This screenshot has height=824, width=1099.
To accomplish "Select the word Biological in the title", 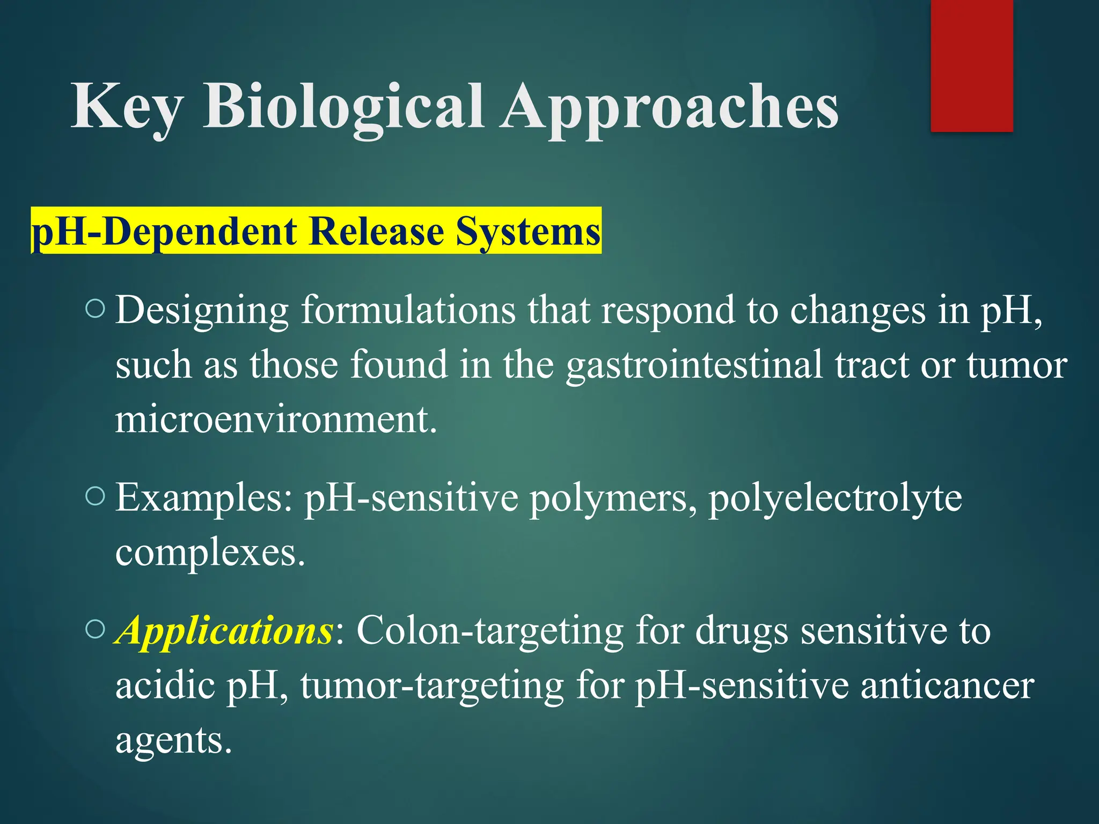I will tap(343, 107).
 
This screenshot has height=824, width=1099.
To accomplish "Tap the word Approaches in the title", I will tap(669, 107).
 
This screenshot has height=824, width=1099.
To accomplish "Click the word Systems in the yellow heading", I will tap(528, 232).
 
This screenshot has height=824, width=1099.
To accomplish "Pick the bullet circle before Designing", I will tap(95, 309).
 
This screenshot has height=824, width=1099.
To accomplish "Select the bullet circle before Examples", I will tap(95, 497).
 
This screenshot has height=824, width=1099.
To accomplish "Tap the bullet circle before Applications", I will tap(95, 629).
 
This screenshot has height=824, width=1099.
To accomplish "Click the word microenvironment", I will tap(276, 420).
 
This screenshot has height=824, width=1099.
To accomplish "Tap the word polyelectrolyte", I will tap(835, 499).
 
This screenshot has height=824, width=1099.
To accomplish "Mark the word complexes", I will tap(210, 554).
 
